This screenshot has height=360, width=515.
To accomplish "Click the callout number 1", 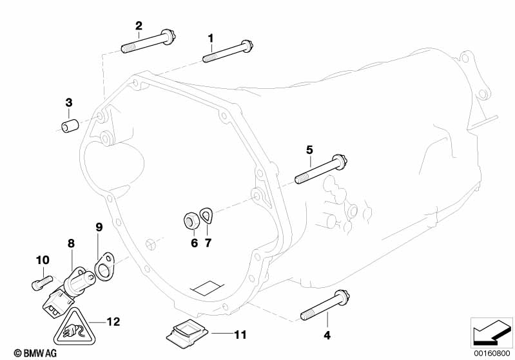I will pos(210,39).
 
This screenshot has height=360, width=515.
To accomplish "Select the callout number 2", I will pos(139,26).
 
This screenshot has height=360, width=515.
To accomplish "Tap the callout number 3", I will pos(68,102).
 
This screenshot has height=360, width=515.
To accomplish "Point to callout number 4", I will pos(327,335).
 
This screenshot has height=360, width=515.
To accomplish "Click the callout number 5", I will pos(309,149).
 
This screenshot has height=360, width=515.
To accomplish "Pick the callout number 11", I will pos(240,334).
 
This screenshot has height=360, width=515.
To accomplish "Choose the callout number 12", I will pos(113,320).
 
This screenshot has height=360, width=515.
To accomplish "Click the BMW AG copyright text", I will pos(23,353).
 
